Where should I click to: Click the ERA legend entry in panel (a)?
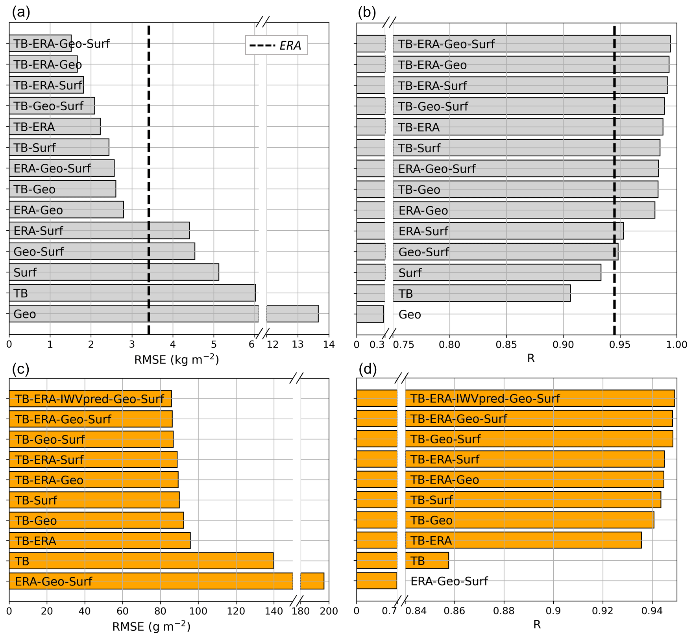click(276, 46)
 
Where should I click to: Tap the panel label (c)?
click(20, 369)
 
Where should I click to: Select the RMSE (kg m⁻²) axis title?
click(176, 359)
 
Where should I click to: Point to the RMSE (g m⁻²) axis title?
click(151, 626)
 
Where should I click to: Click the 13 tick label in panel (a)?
click(298, 345)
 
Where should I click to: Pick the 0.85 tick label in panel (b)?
click(506, 345)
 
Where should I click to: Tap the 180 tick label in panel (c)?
click(302, 611)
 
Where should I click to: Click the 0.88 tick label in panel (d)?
click(504, 611)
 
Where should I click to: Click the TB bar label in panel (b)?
click(406, 294)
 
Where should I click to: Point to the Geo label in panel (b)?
click(410, 315)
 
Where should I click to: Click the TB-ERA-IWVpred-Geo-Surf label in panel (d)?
click(485, 398)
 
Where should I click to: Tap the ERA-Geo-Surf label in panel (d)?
click(449, 581)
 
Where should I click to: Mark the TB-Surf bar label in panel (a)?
click(35, 148)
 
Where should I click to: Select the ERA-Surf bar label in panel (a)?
click(38, 231)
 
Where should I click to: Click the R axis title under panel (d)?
click(537, 624)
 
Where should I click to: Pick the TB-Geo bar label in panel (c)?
click(36, 520)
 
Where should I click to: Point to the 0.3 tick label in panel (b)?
click(377, 345)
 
